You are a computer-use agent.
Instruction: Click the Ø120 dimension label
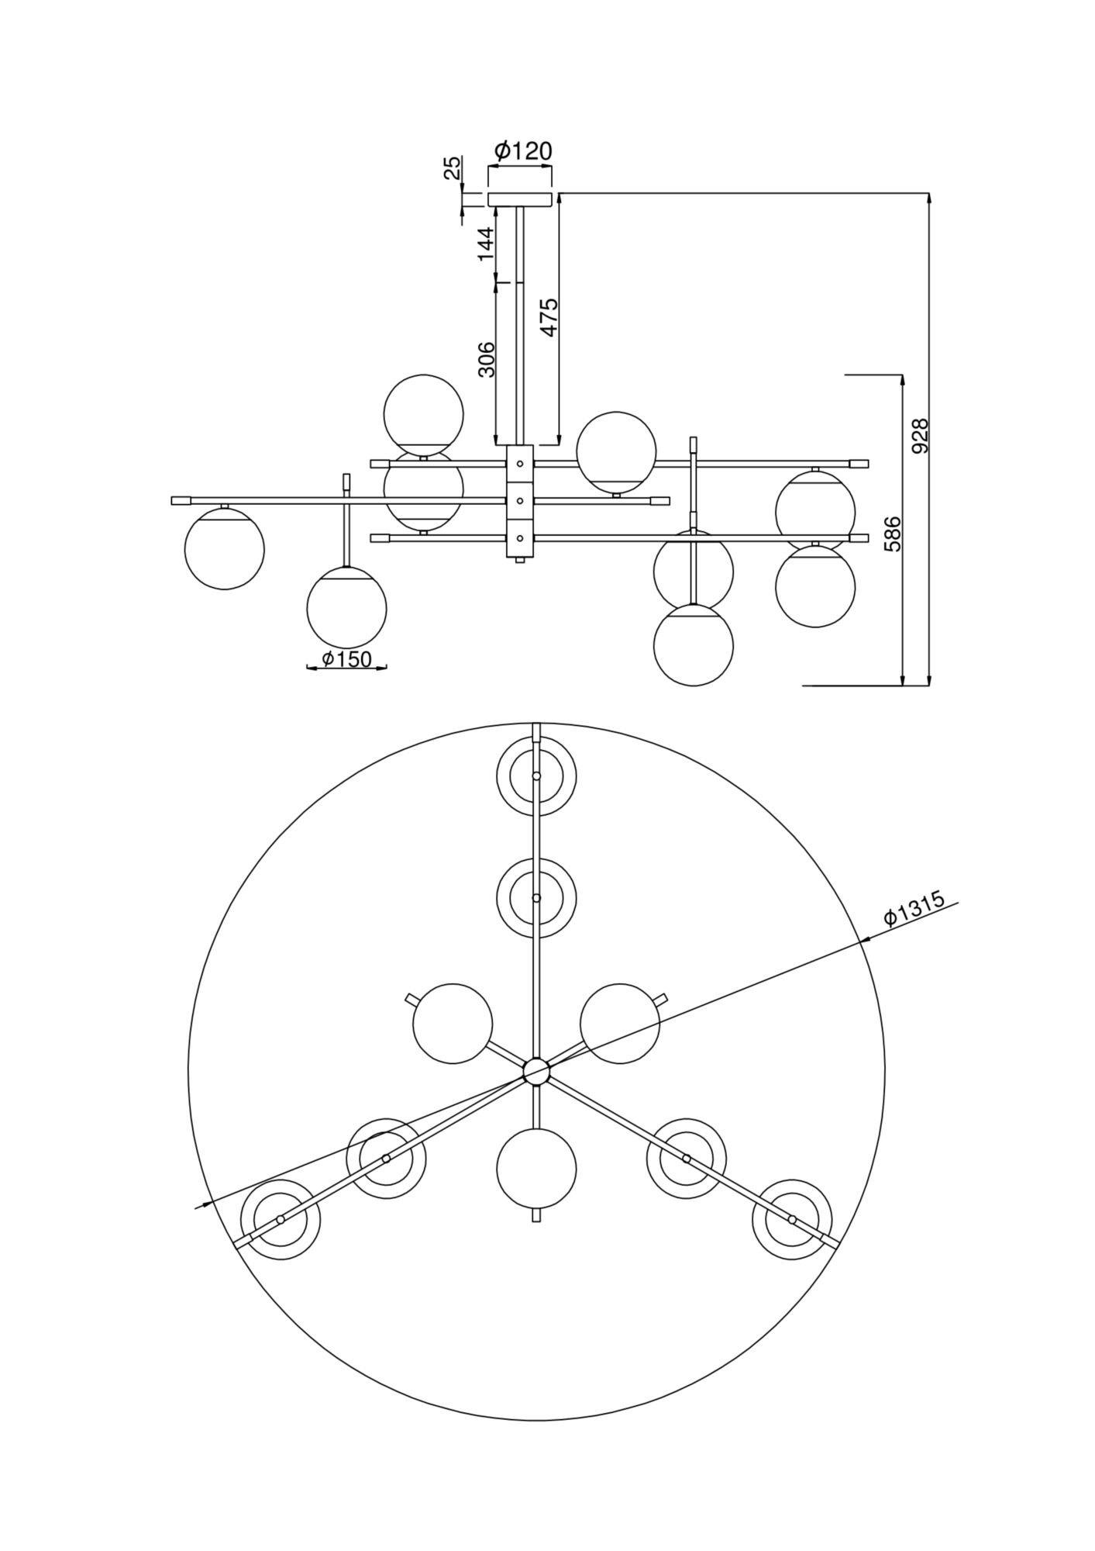click(x=523, y=150)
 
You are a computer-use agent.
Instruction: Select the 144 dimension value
click(x=485, y=243)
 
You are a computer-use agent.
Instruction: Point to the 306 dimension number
click(x=486, y=358)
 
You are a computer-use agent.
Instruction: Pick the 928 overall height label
click(x=920, y=437)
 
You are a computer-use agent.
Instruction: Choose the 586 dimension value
click(x=894, y=533)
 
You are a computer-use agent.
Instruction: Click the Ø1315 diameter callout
click(x=915, y=908)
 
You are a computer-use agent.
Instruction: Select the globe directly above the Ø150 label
click(x=346, y=607)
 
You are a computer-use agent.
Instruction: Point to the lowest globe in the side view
click(x=693, y=645)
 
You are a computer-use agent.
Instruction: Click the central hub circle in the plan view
click(x=535, y=1072)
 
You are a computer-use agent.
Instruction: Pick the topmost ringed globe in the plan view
click(x=536, y=775)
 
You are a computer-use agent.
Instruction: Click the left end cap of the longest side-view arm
click(x=181, y=501)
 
